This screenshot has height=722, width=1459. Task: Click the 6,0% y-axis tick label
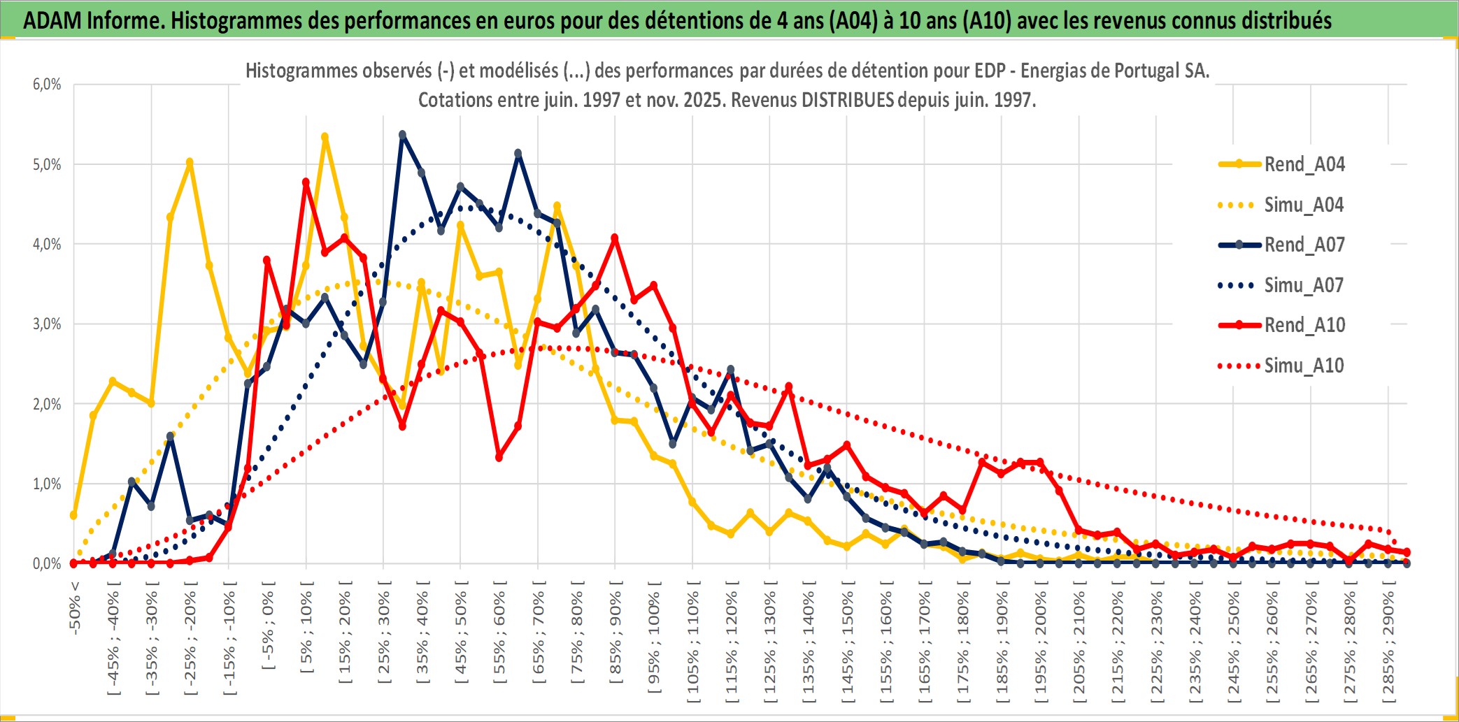[x=47, y=85]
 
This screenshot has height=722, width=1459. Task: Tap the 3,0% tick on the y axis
[x=47, y=324]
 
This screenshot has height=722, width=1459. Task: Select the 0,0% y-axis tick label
[x=47, y=563]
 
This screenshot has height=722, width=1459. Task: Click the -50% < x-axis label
[x=75, y=608]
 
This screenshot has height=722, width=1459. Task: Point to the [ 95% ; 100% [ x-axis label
[x=654, y=643]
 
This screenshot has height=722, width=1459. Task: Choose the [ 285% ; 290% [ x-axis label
[x=1388, y=647]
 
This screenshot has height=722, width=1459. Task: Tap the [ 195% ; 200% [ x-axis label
[x=1041, y=647]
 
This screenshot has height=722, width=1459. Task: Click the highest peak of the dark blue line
[x=402, y=134]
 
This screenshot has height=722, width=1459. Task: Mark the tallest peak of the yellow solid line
[x=325, y=137]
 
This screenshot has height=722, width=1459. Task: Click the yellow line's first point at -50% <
[x=73, y=515]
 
